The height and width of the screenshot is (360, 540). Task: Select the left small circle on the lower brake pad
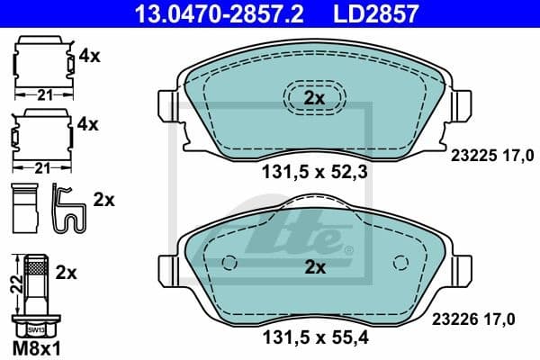point(228,264)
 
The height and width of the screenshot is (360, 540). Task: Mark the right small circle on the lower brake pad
point(400,264)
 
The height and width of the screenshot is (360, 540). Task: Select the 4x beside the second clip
point(88,122)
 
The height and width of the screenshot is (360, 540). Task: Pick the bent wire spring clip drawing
point(68,208)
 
